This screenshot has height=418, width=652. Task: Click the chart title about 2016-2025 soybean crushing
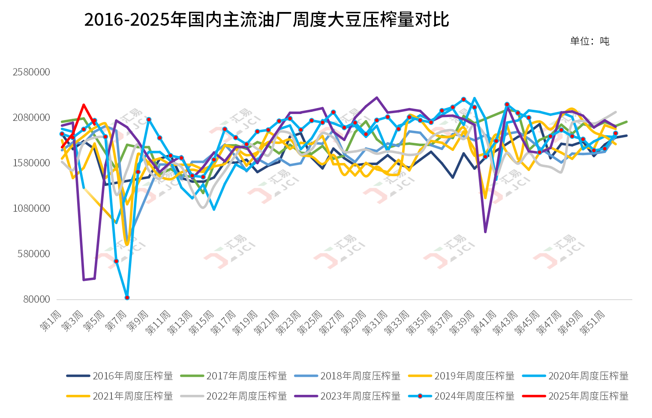click(266, 20)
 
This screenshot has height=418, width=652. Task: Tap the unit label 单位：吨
click(589, 41)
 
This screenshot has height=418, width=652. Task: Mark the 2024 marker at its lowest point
click(127, 298)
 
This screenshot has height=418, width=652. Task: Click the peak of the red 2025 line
click(84, 105)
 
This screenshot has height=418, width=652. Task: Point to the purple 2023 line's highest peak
click(377, 97)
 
